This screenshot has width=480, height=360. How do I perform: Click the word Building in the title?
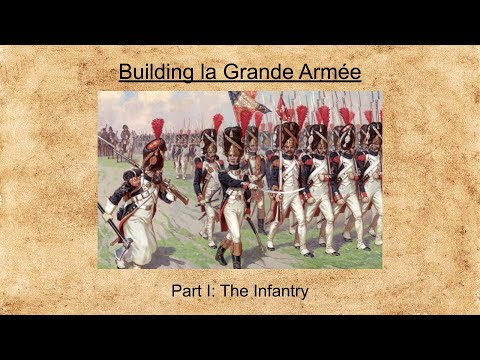tap(150, 73)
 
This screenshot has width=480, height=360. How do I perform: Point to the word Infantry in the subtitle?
tap(275, 291)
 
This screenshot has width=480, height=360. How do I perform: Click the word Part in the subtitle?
tap(187, 291)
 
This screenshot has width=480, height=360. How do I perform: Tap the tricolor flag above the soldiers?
tap(245, 101)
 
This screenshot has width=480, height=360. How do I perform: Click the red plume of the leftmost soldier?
tap(157, 128)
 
